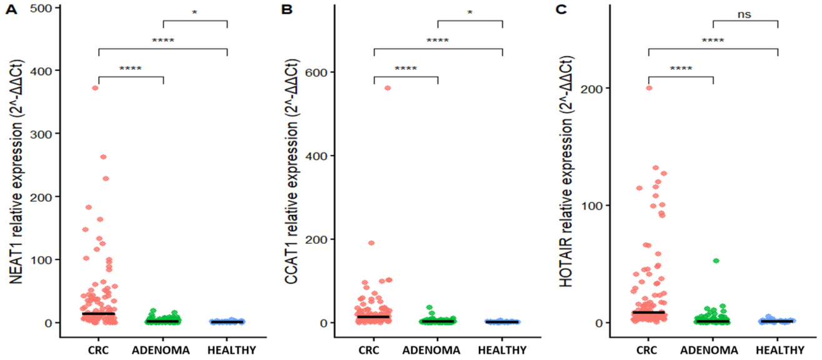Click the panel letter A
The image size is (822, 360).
(x=11, y=9)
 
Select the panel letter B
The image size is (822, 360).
(x=286, y=9)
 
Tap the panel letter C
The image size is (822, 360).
(x=561, y=9)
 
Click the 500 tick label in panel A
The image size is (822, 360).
(x=41, y=8)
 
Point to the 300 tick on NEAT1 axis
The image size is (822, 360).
(x=41, y=134)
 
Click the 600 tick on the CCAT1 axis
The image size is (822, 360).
(x=316, y=72)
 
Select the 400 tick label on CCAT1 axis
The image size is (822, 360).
(x=316, y=156)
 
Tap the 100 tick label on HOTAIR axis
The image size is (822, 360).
(x=592, y=206)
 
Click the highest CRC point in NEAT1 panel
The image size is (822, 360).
(x=96, y=88)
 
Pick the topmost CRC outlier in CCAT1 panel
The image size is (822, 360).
(x=388, y=88)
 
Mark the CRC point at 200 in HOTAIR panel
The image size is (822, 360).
(x=649, y=88)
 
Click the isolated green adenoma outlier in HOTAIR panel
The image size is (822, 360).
(x=716, y=261)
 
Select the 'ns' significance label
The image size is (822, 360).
(x=744, y=14)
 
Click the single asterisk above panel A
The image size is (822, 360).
(x=194, y=13)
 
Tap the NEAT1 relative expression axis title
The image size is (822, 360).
(x=16, y=171)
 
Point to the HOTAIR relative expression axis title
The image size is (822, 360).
(x=566, y=171)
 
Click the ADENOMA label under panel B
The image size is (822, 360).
(x=431, y=351)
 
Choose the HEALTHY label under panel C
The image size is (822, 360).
(x=779, y=351)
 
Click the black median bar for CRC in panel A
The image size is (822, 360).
(x=98, y=314)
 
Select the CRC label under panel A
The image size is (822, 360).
(x=98, y=351)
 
